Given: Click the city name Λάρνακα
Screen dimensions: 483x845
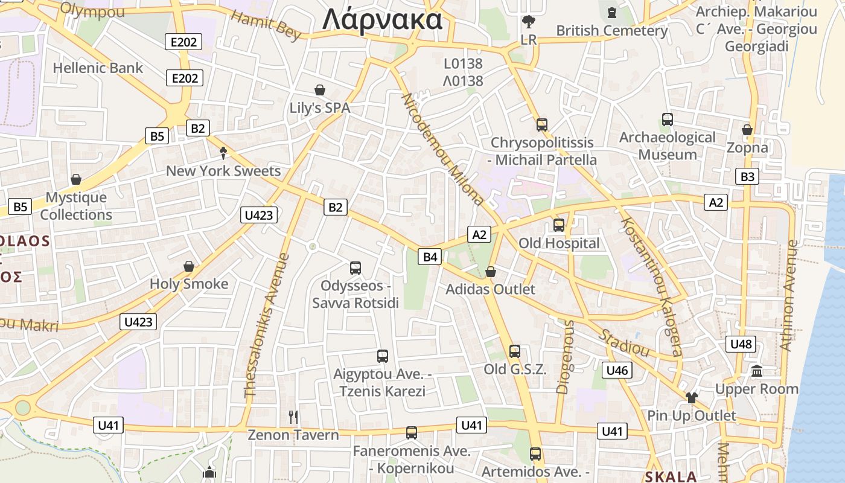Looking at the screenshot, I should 382,20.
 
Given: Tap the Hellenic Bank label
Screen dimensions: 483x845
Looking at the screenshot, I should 98,68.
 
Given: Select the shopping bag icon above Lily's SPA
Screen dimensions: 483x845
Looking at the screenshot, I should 320,91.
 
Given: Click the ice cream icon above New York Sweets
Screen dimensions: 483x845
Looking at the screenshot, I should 223,153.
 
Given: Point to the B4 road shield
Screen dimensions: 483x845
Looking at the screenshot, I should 430,257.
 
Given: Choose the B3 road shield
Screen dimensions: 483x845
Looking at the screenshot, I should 747,177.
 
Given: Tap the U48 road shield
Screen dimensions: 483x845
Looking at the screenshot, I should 741,344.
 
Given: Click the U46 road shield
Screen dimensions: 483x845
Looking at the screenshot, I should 617,370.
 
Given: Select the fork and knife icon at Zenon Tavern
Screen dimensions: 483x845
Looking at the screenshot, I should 293,417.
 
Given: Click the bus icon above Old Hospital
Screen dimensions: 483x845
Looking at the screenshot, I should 559,225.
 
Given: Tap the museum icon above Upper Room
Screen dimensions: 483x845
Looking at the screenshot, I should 757,371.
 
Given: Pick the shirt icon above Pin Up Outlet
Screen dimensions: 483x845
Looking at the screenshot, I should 691,397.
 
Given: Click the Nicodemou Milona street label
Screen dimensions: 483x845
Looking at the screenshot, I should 442,149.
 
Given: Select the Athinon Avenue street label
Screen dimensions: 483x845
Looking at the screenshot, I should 788,296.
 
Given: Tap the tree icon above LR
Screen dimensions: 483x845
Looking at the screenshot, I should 529,22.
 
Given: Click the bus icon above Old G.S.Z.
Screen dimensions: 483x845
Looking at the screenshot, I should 515,351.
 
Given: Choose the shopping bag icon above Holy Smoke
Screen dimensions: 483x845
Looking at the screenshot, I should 189,266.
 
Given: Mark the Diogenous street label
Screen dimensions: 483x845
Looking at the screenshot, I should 566,357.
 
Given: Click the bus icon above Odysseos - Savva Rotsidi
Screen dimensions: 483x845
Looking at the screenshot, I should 356,267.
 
